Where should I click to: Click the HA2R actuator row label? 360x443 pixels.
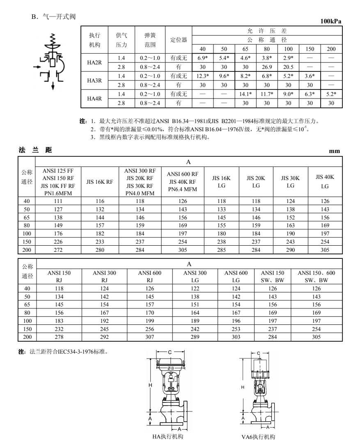coord(92,63)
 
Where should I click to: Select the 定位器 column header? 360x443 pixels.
coord(179,40)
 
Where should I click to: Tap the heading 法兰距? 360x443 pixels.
coord(34,150)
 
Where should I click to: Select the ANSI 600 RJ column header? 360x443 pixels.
coord(150,276)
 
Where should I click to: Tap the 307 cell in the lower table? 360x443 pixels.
coord(150,337)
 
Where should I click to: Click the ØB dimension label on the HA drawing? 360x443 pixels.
coord(170,368)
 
